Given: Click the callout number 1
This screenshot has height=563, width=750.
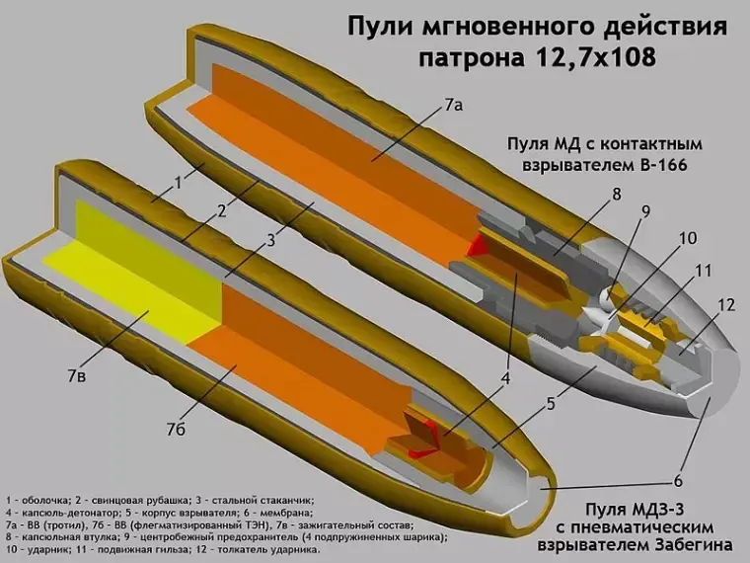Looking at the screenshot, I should tap(180, 182).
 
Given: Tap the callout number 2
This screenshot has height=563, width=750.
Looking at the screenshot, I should tap(223, 210).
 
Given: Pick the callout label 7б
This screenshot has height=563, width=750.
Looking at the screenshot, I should tap(177, 430).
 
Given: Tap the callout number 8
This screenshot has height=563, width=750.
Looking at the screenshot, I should tap(616, 195).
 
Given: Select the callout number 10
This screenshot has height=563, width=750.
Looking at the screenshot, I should tap(687, 238).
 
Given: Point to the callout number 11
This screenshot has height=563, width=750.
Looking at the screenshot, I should tap(703, 270).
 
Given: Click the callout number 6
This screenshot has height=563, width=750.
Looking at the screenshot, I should tap(678, 481).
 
